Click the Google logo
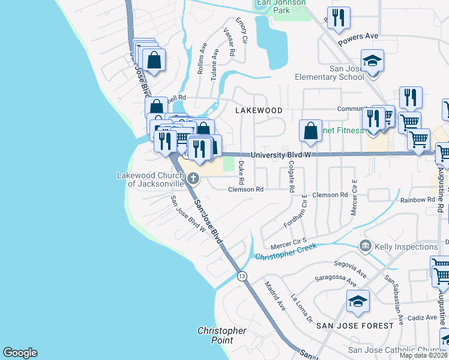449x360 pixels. tap(20, 353)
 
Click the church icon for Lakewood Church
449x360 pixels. tap(193, 178)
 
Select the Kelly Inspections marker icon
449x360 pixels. tap(365, 246)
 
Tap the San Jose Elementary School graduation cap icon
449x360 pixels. tap(372, 61)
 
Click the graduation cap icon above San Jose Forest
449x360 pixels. tap(358, 301)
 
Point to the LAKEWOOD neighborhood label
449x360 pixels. tap(258, 110)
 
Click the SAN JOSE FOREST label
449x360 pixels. tap(355, 325)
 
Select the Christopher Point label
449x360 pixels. tap(222, 335)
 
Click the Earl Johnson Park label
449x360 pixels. tap(281, 6)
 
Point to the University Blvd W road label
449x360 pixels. tap(283, 154)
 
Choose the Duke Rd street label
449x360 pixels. tap(241, 172)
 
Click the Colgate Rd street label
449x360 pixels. tap(291, 176)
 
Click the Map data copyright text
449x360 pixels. tap(424, 355)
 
